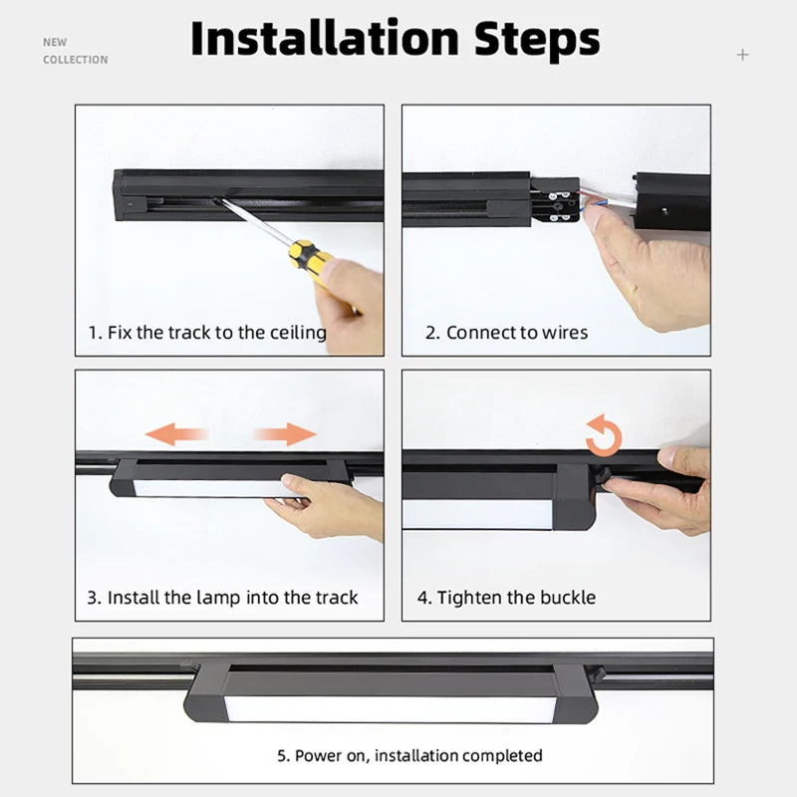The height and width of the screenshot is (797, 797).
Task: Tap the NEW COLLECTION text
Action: click(75, 51)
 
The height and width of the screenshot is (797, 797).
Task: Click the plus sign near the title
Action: click(742, 54)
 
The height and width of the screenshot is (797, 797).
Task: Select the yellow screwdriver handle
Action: click(310, 261)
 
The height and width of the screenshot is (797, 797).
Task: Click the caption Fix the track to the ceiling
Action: click(207, 332)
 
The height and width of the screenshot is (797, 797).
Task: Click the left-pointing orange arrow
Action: click(176, 433)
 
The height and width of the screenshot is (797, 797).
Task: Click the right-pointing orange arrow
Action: click(284, 433)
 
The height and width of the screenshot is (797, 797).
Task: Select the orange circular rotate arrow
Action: click(604, 435)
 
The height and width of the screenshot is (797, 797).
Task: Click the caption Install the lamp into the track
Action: click(222, 598)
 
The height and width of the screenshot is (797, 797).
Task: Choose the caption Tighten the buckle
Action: click(506, 598)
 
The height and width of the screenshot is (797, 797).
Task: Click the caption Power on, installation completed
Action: click(409, 755)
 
